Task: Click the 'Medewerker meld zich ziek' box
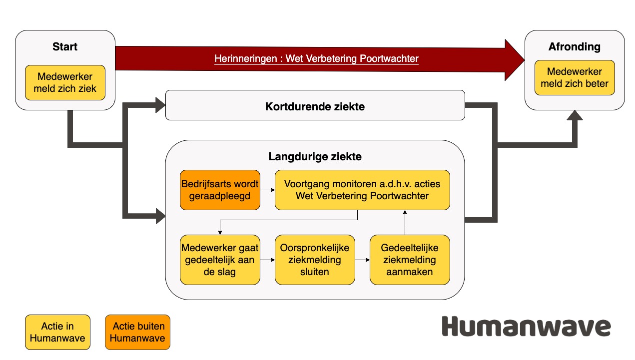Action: [x=65, y=82]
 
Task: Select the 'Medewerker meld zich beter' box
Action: [x=575, y=77]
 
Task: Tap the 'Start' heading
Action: [x=65, y=47]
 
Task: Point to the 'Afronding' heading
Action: [x=575, y=47]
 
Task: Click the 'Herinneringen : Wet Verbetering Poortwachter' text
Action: [x=316, y=58]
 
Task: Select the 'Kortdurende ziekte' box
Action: [x=315, y=105]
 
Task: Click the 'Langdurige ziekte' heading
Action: [x=315, y=156]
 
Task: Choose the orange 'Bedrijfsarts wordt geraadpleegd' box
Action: [x=220, y=190]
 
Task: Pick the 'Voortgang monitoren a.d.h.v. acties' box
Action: [x=362, y=190]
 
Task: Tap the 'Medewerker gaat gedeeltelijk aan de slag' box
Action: [x=220, y=260]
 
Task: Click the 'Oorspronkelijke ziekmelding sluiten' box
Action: [x=315, y=260]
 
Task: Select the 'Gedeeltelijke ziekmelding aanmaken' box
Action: [x=410, y=260]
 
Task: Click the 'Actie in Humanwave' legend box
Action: [x=57, y=332]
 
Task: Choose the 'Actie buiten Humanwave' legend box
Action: [x=137, y=332]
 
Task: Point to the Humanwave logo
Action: [x=526, y=326]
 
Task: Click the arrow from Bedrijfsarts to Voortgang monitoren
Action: [x=267, y=190]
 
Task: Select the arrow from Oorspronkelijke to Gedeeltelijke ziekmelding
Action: [x=362, y=260]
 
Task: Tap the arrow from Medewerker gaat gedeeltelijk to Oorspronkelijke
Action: [x=267, y=260]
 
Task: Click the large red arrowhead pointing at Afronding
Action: [x=514, y=60]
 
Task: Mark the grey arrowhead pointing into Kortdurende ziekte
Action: [x=160, y=105]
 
